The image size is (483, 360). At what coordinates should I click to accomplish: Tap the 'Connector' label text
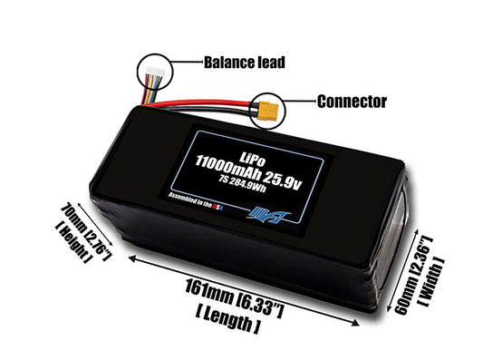[x=351, y=101]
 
